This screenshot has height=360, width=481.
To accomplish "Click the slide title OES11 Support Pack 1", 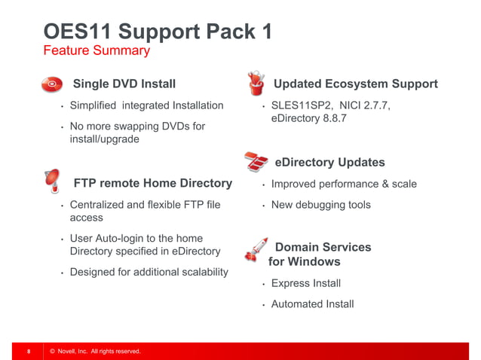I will pyautogui.click(x=158, y=32).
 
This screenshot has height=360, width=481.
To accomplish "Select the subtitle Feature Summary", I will pyautogui.click(x=97, y=51).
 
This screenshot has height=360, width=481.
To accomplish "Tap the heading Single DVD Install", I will pyautogui.click(x=124, y=84).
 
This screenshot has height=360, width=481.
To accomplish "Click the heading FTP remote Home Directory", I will pyautogui.click(x=152, y=183).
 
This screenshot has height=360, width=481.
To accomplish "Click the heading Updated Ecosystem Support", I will pyautogui.click(x=355, y=84).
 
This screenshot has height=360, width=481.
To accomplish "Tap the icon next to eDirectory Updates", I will pyautogui.click(x=256, y=161).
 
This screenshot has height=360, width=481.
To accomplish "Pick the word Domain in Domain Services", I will pyautogui.click(x=296, y=247).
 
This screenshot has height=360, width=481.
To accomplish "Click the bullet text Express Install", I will pyautogui.click(x=305, y=283).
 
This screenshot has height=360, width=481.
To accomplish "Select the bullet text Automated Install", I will pyautogui.click(x=312, y=304).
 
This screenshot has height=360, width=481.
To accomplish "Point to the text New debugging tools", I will pyautogui.click(x=320, y=205).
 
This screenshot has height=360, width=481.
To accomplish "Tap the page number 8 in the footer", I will pyautogui.click(x=29, y=352).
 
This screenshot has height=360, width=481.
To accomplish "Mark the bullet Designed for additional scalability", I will pyautogui.click(x=149, y=272).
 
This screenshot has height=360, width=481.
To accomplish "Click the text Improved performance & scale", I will pyautogui.click(x=343, y=184).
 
